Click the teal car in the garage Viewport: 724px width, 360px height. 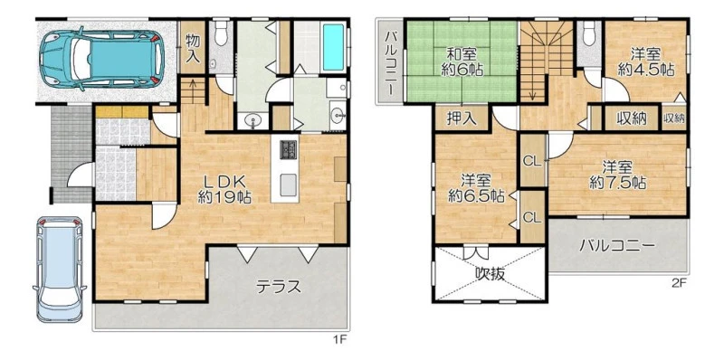point(101,59)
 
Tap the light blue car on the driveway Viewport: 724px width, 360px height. point(60,269)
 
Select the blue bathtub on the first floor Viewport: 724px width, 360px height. point(332,47)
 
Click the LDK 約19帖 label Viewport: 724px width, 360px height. point(224,189)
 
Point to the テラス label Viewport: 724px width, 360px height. point(279,287)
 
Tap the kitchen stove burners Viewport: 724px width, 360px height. point(288,150)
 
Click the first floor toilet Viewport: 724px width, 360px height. point(222,33)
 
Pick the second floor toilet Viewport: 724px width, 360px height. point(589,33)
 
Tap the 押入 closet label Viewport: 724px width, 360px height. point(461,118)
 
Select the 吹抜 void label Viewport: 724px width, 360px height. point(490,275)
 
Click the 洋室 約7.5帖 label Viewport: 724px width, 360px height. point(617,174)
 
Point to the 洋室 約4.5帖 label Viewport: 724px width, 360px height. point(645,62)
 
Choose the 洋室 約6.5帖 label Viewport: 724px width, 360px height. point(476,188)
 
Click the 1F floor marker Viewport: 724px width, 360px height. point(339,340)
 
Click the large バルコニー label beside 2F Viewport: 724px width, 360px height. point(617,245)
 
